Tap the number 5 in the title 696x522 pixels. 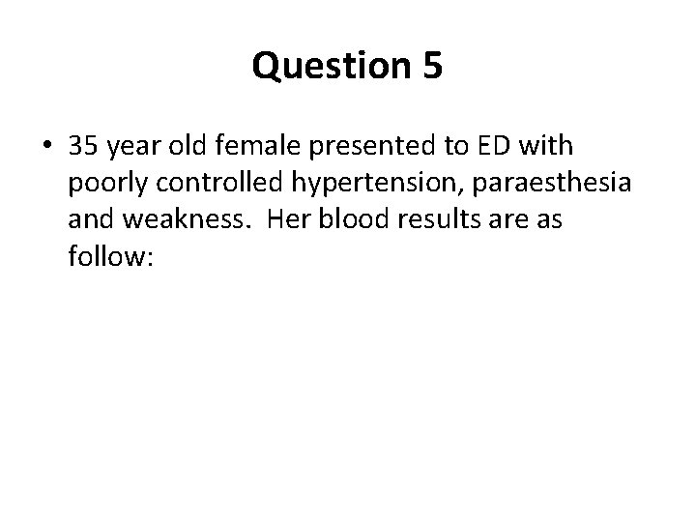[431, 66]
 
